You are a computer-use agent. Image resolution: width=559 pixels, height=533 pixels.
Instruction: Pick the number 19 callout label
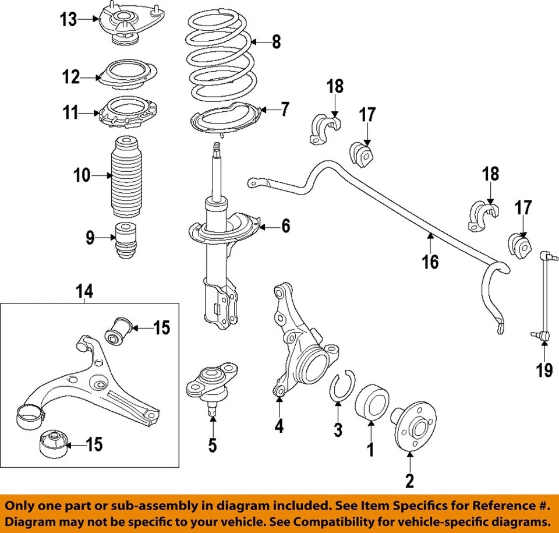544,370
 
